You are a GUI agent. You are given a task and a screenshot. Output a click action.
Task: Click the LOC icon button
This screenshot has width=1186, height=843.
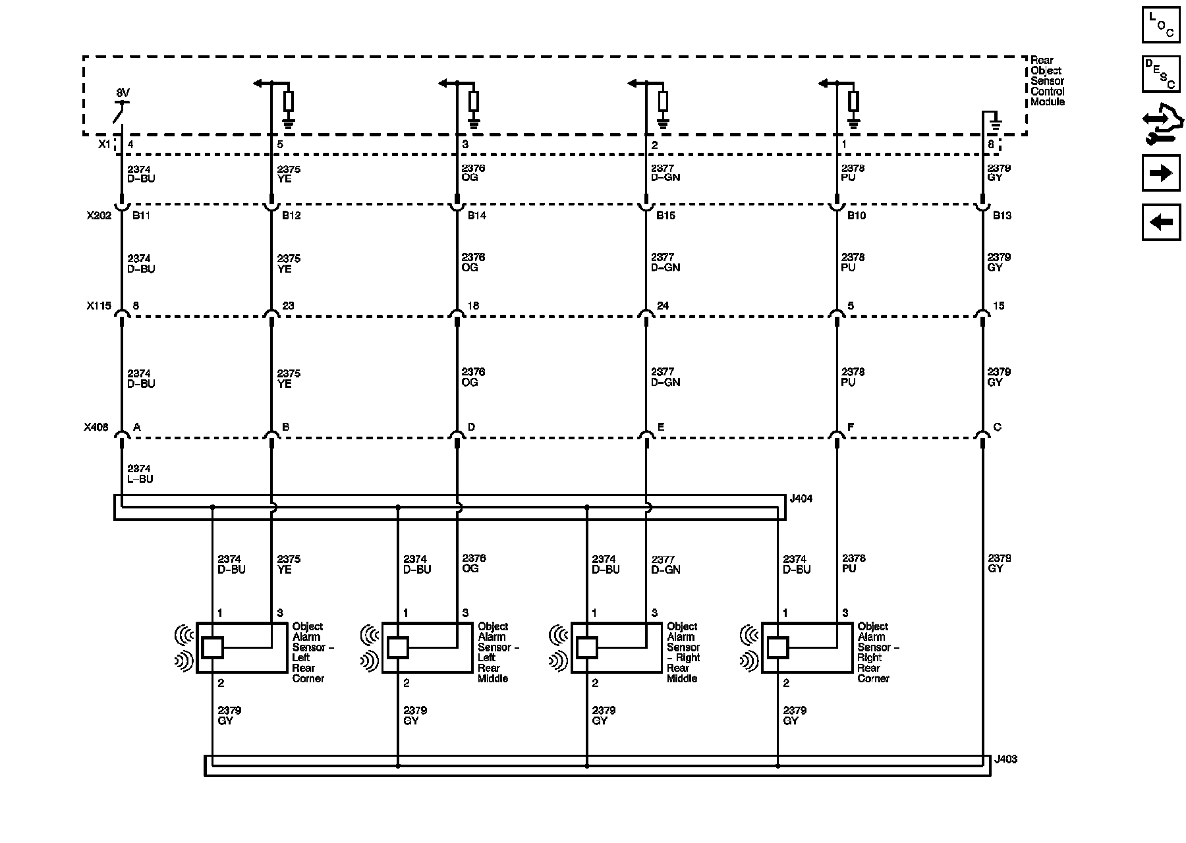pos(1160,24)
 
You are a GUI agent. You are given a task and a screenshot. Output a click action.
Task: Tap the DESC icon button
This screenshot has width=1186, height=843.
pos(1160,73)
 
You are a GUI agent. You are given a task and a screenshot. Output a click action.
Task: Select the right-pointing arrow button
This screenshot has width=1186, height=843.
pos(1160,173)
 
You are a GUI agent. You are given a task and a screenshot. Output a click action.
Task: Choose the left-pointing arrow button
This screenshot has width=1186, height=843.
pos(1160,222)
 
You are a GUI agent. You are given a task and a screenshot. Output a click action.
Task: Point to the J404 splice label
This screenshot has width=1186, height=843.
pos(801,499)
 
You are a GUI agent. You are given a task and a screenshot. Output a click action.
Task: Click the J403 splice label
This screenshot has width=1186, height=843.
pos(1005,759)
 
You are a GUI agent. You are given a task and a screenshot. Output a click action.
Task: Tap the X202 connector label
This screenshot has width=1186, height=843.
pos(99,215)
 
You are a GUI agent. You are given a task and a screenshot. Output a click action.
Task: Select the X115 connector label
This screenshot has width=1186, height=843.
pos(99,306)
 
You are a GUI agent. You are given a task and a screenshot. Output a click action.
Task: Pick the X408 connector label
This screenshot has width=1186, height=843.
pos(96,427)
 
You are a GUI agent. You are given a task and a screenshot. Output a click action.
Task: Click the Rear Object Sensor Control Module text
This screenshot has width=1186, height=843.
pos(1047,81)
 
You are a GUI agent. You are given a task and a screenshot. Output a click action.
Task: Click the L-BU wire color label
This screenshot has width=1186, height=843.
pos(140,479)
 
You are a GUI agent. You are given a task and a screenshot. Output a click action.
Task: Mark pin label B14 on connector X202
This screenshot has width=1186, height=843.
pos(477,216)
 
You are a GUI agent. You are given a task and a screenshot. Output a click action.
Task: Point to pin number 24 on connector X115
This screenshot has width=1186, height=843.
pos(663,306)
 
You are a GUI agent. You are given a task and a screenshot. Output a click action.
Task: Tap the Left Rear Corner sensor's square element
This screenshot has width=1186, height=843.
pos(212,648)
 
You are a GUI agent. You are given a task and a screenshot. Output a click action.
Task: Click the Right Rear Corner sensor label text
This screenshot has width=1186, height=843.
pos(877,652)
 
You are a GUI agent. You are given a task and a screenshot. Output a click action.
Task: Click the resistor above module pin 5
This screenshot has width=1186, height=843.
pos(288,101)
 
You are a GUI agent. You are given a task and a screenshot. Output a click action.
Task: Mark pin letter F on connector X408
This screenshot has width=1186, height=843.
pos(851,427)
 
